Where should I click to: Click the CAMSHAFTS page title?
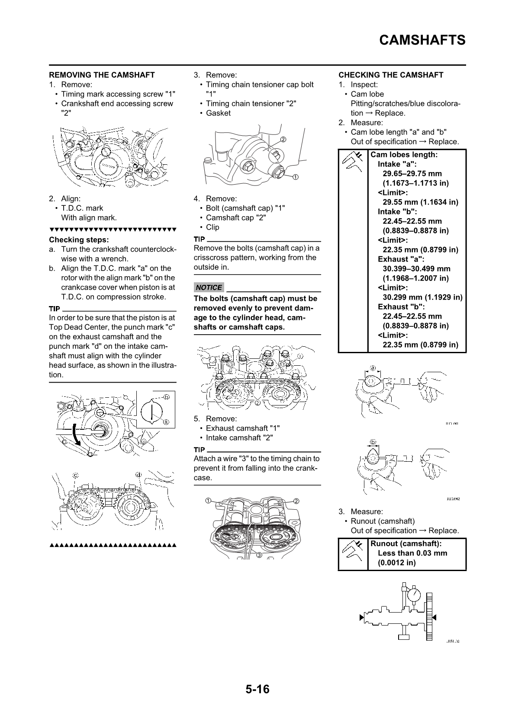coord(422,40)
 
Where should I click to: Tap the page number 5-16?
coord(257,689)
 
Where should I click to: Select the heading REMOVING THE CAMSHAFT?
coord(102,75)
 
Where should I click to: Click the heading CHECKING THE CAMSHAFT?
coord(391,75)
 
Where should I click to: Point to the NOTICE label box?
coord(209,287)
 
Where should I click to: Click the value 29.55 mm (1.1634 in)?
coord(420,202)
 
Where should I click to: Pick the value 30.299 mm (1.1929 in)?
coord(422,297)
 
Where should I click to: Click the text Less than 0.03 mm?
coord(412,553)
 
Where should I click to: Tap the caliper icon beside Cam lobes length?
coord(353,162)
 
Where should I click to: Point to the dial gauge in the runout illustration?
coord(414,595)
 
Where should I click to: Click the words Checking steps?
coord(79,240)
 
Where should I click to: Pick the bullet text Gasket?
coord(218,113)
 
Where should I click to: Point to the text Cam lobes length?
coord(404,154)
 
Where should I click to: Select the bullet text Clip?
coord(212,227)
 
